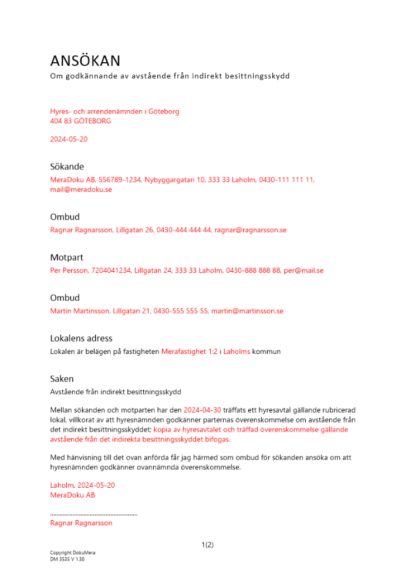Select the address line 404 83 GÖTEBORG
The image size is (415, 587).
pos(80,121)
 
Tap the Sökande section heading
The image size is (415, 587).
pos(67,167)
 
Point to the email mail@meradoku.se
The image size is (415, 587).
pos(81,190)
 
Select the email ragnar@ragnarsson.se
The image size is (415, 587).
pos(250,230)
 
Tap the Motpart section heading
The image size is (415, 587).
pos(67,257)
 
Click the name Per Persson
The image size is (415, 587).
pos(69,271)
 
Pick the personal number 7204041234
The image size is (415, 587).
pos(111,271)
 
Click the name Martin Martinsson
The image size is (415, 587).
pos(80,311)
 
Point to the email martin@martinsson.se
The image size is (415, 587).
pos(247,311)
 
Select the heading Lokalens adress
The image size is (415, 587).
pos(81,338)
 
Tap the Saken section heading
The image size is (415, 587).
pos(62,379)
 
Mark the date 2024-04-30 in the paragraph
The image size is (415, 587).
pos(202,410)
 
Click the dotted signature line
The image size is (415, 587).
pos(93,514)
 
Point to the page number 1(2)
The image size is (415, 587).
pos(207,545)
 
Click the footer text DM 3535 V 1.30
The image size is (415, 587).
pos(68,559)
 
